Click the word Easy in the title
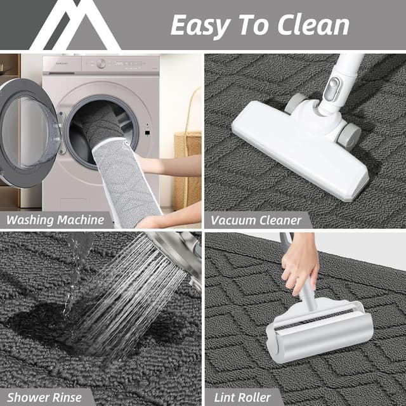pos(201,25)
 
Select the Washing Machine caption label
pos(56,220)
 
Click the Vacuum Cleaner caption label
pos(257,220)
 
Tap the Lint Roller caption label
pos(242,398)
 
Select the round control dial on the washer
pos(101,63)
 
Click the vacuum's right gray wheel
pos(349,135)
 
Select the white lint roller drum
pos(320,333)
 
